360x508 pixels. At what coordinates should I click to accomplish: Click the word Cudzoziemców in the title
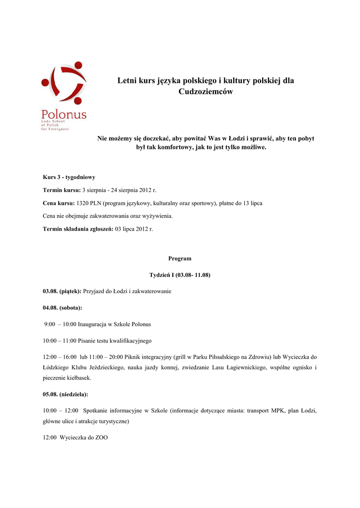click(x=206, y=92)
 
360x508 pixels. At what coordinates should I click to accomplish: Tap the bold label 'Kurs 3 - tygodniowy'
click(x=69, y=177)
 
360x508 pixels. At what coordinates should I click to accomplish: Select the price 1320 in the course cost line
click(x=83, y=203)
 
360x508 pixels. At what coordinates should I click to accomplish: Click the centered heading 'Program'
click(x=180, y=258)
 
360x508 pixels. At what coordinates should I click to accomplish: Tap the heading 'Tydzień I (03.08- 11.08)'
click(x=180, y=275)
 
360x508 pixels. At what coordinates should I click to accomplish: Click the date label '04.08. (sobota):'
click(x=63, y=308)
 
